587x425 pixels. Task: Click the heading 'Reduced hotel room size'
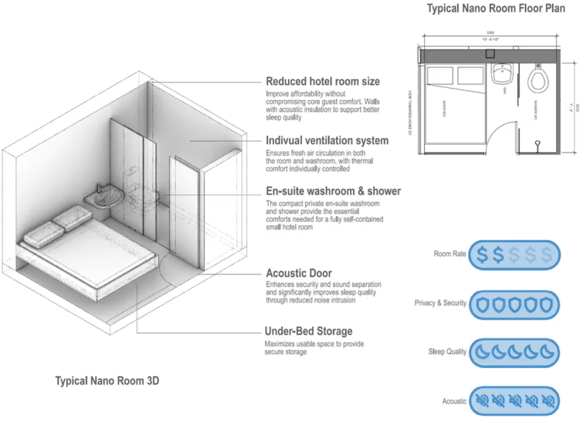[323, 81]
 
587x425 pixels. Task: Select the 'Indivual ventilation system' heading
[327, 141]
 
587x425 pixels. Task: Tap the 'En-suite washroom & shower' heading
[333, 191]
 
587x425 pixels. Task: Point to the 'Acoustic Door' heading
[299, 273]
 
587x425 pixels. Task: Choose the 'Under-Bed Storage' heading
[309, 332]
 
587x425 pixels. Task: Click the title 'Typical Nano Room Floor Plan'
[495, 9]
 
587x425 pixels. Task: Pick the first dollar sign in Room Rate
[482, 255]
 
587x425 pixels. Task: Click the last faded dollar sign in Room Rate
[548, 255]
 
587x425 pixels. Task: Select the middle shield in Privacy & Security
[514, 303]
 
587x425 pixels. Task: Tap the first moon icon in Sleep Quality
[482, 352]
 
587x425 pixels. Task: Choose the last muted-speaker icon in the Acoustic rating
[548, 400]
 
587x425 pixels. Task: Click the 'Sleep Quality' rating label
[447, 352]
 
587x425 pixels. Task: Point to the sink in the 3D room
[103, 198]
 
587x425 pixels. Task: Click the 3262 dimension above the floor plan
[490, 34]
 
